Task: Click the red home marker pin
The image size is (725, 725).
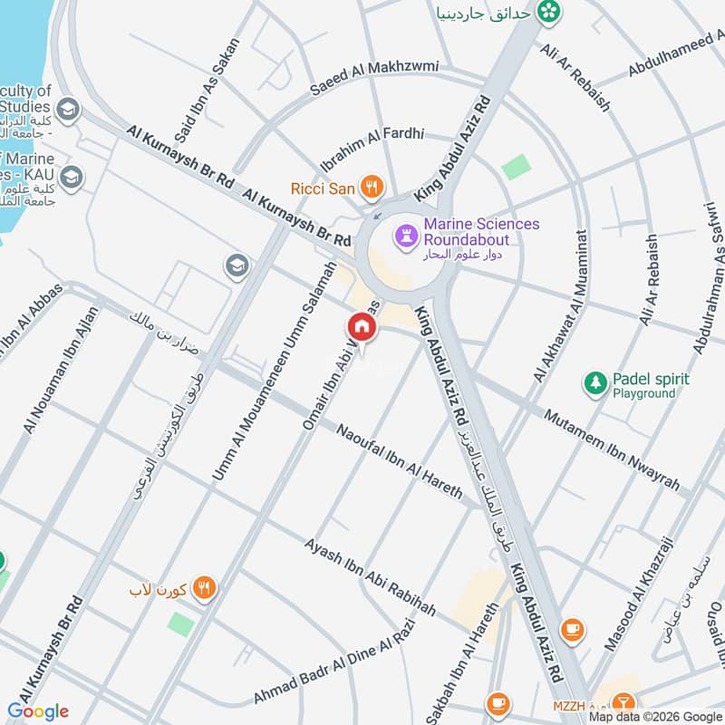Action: [361, 326]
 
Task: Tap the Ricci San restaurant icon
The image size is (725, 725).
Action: [370, 188]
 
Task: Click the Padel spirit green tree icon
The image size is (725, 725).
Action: [594, 382]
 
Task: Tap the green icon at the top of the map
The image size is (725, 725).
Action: [547, 12]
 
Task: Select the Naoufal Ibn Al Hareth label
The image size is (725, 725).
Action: [399, 461]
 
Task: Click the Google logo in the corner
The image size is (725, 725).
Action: [38, 711]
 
